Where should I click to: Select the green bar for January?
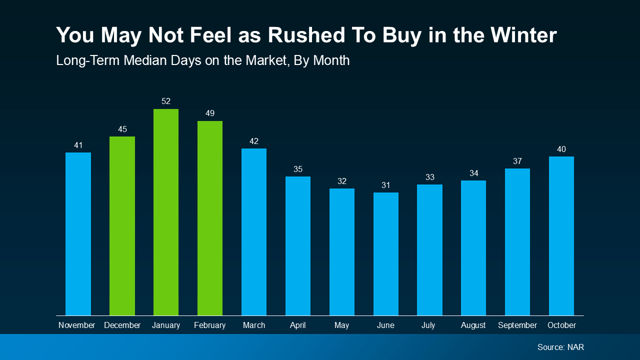pyautogui.click(x=166, y=212)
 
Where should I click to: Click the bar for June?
pyautogui.click(x=386, y=254)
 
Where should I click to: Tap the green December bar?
pyautogui.click(x=122, y=226)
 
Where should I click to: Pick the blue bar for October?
pyautogui.click(x=561, y=236)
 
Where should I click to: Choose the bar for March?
pyautogui.click(x=254, y=232)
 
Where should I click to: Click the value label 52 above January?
pyautogui.click(x=166, y=101)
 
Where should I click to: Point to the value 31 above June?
pyautogui.click(x=386, y=185)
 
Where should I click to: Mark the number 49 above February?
pyautogui.click(x=210, y=113)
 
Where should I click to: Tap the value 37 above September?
pyautogui.click(x=517, y=161)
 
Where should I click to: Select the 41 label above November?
pyautogui.click(x=78, y=145)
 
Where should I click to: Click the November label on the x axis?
pyautogui.click(x=76, y=325)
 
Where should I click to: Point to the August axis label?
pyautogui.click(x=473, y=325)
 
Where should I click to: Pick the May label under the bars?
pyautogui.click(x=342, y=325)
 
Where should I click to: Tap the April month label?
pyautogui.click(x=298, y=325)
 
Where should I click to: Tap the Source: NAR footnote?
pyautogui.click(x=560, y=347)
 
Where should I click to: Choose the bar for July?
pyautogui.click(x=429, y=250)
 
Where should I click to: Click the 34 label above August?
pyautogui.click(x=473, y=173)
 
